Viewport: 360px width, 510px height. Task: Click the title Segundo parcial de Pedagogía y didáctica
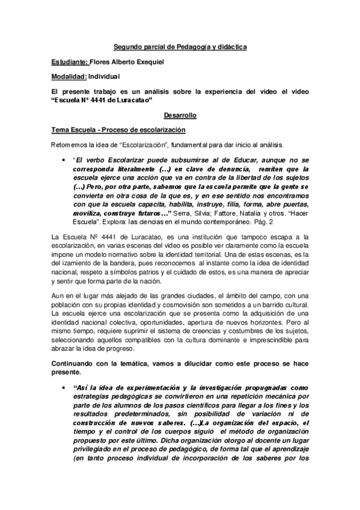(180, 46)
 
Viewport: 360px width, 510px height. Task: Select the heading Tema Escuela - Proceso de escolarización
(117, 129)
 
